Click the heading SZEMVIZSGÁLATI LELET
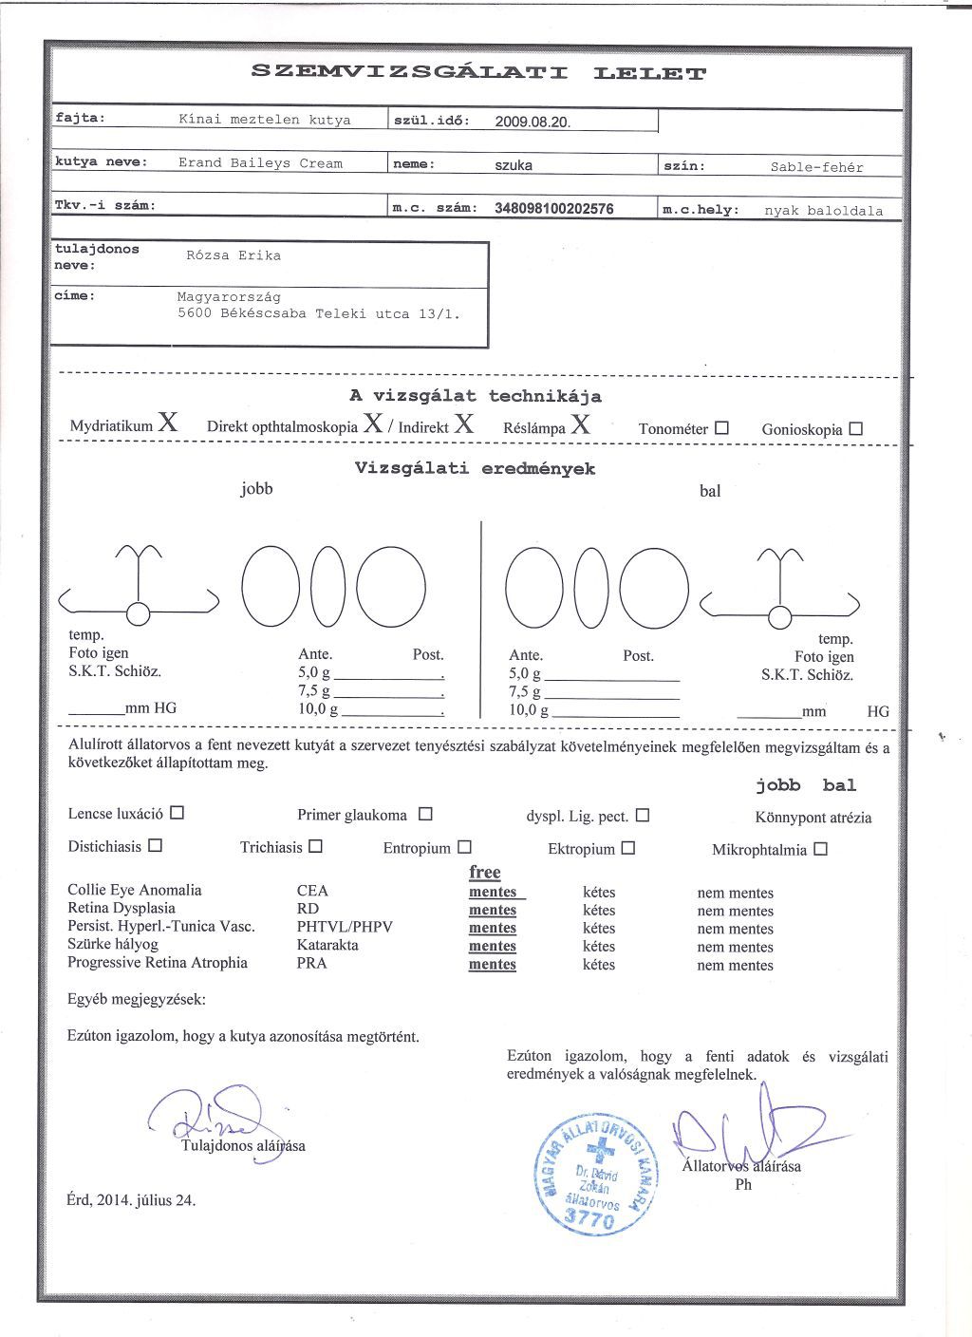click(x=478, y=72)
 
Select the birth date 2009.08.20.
click(x=533, y=122)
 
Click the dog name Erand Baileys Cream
click(x=260, y=163)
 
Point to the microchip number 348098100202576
click(x=554, y=209)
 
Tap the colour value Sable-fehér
click(x=816, y=167)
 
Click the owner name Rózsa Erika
click(x=234, y=255)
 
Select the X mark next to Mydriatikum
click(x=168, y=424)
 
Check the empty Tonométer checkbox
click(x=721, y=427)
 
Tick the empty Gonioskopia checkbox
click(x=855, y=428)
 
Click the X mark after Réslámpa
click(x=580, y=424)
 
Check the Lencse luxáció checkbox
click(x=177, y=813)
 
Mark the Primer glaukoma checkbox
click(x=425, y=814)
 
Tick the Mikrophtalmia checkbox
click(x=820, y=849)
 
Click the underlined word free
click(x=484, y=872)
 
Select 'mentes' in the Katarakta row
click(x=493, y=946)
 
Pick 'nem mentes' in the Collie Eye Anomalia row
click(x=735, y=893)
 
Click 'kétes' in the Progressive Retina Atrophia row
click(x=599, y=965)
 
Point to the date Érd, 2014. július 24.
click(x=131, y=1200)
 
